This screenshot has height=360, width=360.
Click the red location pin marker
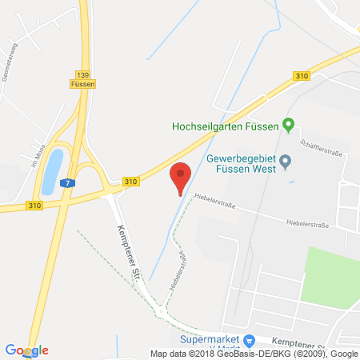pos(182,175)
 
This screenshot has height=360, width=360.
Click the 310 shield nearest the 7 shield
pos(130,182)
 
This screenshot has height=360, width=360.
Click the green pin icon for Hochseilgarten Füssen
pos(290,124)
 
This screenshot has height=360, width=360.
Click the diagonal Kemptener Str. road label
pos(124,247)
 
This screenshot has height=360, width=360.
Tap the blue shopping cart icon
pos(249,340)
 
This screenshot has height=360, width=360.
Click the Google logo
pos(26,350)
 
